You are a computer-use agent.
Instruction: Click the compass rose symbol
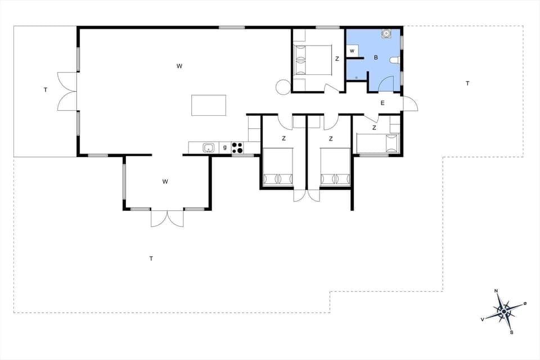coord(504,310)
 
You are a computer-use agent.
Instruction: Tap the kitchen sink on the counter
coord(209,148)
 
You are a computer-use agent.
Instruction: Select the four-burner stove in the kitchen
coord(237,148)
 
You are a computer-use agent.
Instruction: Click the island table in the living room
coord(209,105)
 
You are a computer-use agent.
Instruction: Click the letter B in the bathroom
coord(375,57)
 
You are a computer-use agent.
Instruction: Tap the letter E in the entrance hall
coord(382,103)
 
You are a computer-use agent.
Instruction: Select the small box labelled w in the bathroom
coord(352,51)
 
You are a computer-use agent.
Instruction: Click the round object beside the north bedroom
coord(283,87)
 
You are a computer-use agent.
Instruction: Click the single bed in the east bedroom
coord(377,143)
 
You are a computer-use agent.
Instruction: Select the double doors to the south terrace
coord(167,219)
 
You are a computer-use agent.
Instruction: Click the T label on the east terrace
coord(467,83)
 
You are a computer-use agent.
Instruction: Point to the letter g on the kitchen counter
coord(224,147)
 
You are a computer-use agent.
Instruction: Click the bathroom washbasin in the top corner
coord(386,34)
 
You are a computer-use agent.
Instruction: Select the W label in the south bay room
coord(165,181)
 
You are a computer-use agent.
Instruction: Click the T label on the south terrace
coord(151,259)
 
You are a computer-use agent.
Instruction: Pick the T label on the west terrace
coord(45,89)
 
